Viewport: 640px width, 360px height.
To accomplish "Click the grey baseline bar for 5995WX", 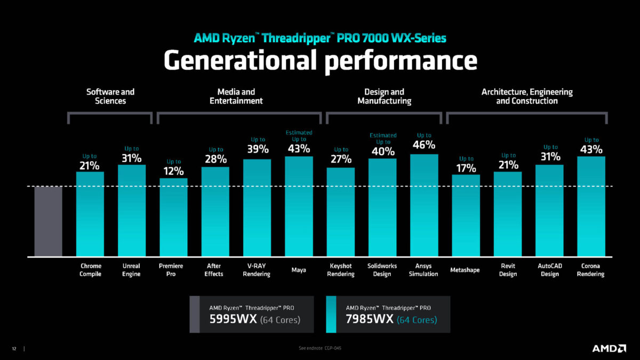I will [x=48, y=221].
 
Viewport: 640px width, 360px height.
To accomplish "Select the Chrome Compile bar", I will [x=90, y=213].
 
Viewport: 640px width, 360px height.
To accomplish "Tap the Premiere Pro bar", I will [x=173, y=217].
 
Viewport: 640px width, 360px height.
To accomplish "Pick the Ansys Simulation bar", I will [x=424, y=205].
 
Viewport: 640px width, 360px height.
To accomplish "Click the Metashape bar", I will [x=466, y=215].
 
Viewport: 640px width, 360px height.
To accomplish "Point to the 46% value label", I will [x=424, y=145].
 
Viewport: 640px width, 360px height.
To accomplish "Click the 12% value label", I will [x=173, y=171].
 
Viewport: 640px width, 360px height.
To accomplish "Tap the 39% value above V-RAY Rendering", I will [x=258, y=149].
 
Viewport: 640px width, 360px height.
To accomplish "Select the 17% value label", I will [x=466, y=168].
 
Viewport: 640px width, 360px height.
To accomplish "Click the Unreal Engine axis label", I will [x=131, y=270].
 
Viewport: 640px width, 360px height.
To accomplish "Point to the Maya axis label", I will [x=299, y=270].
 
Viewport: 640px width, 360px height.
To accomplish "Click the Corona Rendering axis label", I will [x=590, y=270].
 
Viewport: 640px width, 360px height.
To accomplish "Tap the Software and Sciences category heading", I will [x=110, y=96].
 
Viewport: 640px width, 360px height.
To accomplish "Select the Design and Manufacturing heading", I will [x=384, y=96].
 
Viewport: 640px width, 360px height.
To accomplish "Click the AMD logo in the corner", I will [x=609, y=348].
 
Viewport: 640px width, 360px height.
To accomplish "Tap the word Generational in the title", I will [x=240, y=60].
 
